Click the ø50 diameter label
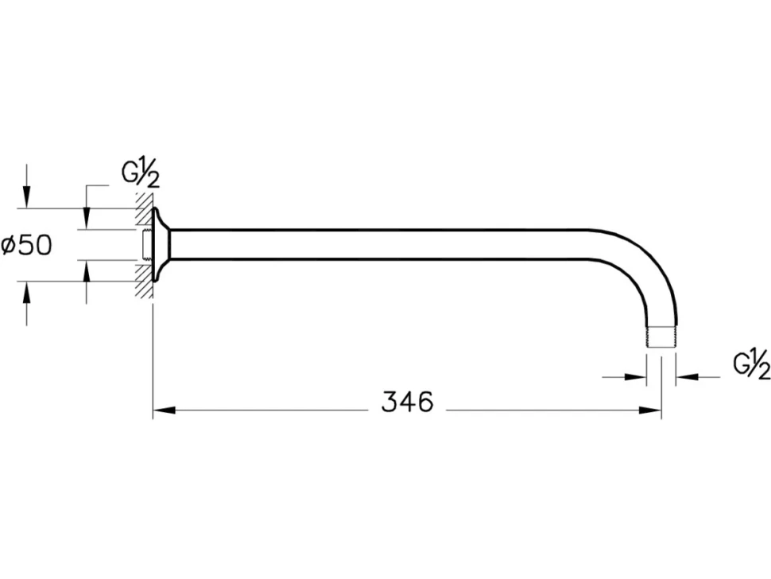[26, 245]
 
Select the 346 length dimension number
[408, 402]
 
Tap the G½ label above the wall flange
[141, 174]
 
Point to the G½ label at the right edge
[752, 365]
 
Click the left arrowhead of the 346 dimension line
[165, 410]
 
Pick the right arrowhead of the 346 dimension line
[650, 410]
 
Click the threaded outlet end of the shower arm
[661, 337]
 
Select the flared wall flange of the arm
[161, 244]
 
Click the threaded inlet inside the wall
[146, 244]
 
